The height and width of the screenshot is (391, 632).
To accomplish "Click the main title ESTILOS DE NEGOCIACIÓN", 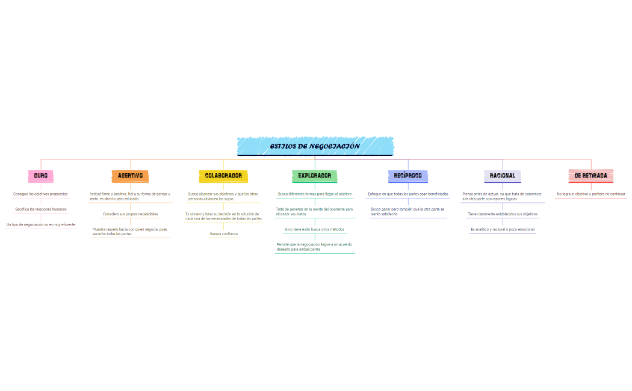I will tap(315, 146).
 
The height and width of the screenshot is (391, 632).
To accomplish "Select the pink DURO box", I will tap(41, 176).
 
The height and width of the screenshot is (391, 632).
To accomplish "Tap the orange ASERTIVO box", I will tap(130, 176).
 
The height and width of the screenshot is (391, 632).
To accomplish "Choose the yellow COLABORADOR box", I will tap(223, 176).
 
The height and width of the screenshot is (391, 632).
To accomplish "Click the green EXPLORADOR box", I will tap(315, 176).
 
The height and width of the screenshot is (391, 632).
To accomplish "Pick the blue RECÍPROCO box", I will tap(408, 176).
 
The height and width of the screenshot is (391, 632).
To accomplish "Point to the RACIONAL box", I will tap(502, 176).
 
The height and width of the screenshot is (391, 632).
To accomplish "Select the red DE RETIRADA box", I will tap(590, 176).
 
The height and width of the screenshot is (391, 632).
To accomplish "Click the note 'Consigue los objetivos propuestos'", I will tap(40, 194).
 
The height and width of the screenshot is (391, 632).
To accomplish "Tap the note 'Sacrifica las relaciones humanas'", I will tap(41, 209).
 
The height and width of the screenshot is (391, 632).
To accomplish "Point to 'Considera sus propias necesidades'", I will tap(130, 214).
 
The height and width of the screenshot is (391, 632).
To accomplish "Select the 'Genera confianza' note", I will tap(223, 234).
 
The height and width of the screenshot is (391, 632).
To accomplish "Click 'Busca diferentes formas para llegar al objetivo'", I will tap(315, 194).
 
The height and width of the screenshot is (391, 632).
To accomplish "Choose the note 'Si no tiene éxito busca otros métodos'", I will tap(315, 229).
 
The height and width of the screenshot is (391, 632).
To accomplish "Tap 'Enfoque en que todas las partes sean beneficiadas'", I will tap(408, 194).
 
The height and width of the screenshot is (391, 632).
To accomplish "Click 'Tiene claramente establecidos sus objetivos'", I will tap(503, 214).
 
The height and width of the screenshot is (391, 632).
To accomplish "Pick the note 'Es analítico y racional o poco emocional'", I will tap(503, 229).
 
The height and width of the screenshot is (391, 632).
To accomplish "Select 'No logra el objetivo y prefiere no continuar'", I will tap(590, 194).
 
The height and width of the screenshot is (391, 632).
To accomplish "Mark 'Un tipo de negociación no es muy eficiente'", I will tap(41, 225).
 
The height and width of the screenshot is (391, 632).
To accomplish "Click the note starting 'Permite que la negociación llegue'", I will tap(315, 247).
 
